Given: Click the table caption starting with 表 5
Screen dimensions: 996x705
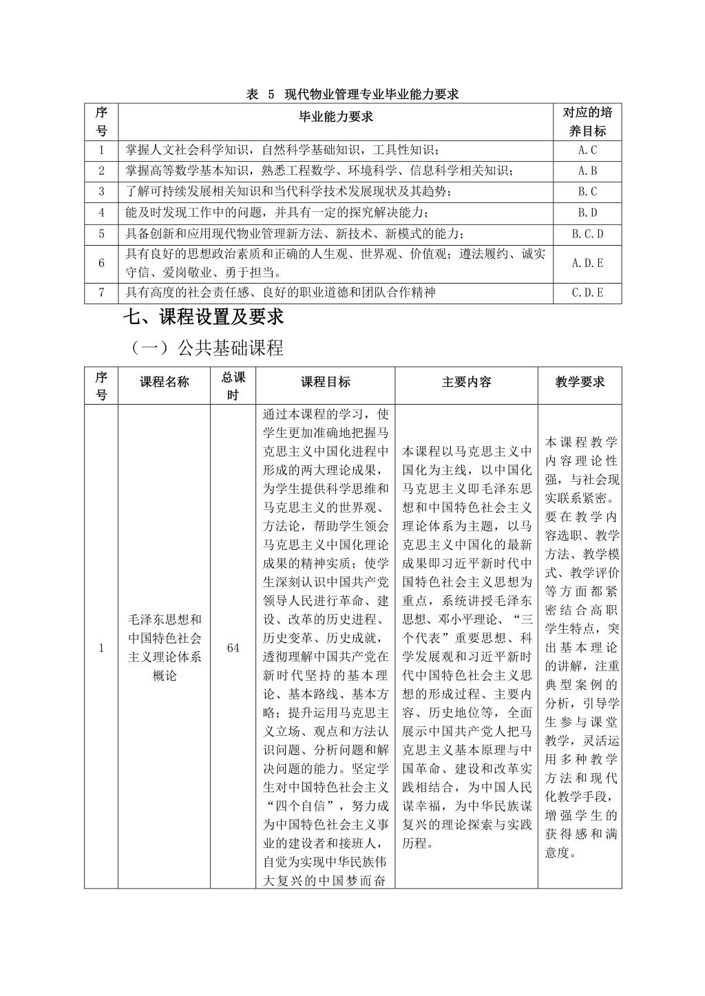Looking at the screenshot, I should coord(352,94).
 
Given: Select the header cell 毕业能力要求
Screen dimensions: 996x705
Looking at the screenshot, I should coord(335,117).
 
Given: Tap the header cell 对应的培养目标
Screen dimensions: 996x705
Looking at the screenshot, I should coord(587,122).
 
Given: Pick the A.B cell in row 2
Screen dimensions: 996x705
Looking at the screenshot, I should coord(587,171).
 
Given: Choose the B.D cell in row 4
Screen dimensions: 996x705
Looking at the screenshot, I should coord(587,213).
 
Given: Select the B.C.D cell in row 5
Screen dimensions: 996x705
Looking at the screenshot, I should coord(587,234).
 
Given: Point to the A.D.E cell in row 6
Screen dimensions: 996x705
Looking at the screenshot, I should coord(587,263).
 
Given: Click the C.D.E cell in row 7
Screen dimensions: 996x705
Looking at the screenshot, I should coord(587,293).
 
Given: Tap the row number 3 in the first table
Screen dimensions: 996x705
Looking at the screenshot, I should coord(101,192).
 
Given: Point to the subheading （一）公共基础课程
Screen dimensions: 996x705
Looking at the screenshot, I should coord(207,348).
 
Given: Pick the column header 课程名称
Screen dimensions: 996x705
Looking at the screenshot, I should coord(164,382).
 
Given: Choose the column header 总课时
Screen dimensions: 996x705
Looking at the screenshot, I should coord(233,385).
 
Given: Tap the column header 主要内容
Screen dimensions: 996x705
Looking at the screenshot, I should coord(466,382).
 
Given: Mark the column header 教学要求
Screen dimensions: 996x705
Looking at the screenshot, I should coord(580,382).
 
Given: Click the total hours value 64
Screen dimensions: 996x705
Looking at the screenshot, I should coord(233,648).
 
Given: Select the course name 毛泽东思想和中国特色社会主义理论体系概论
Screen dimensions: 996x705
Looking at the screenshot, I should coord(165,648).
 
